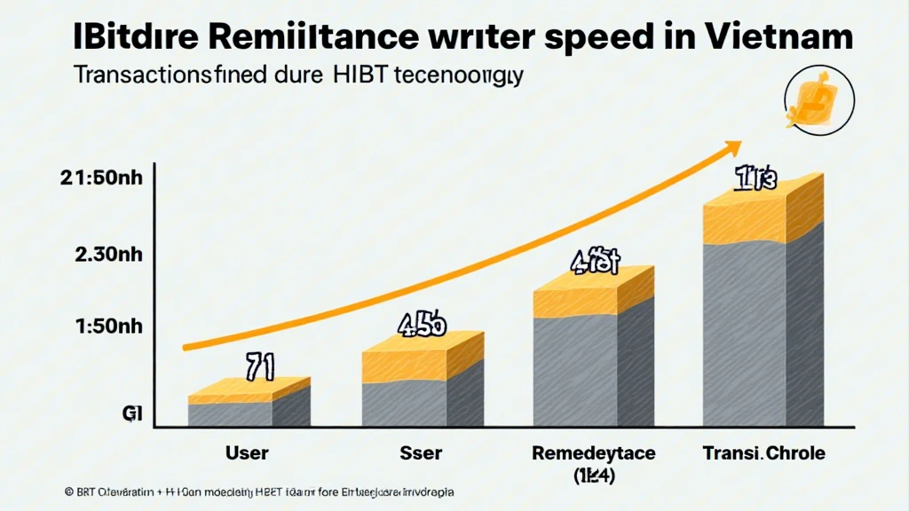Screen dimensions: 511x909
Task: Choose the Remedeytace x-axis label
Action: (593, 453)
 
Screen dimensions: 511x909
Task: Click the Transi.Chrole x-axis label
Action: (763, 453)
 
